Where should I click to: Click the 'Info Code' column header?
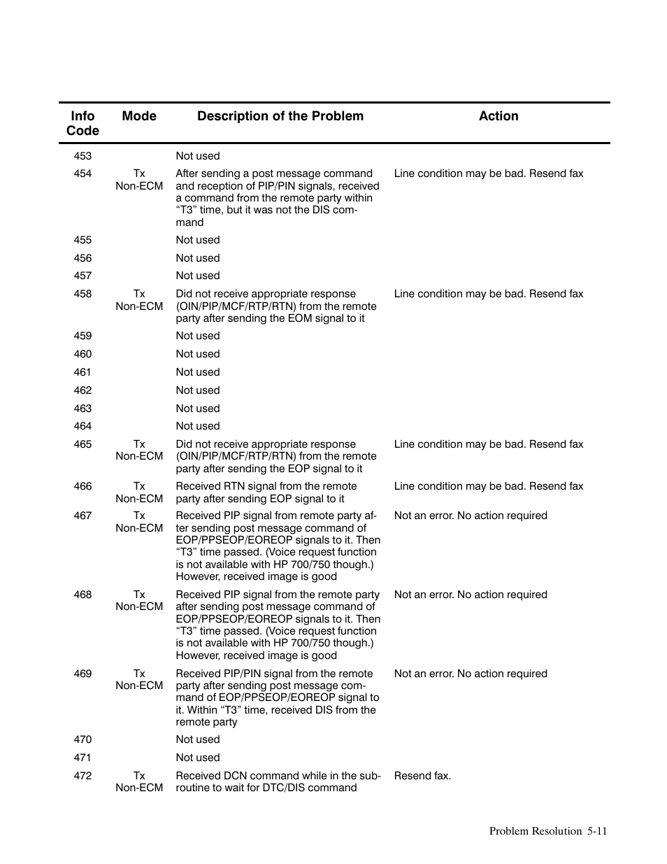click(x=83, y=123)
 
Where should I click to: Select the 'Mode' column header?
click(x=139, y=116)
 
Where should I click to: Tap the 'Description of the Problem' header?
click(x=280, y=116)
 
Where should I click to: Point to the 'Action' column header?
click(x=499, y=116)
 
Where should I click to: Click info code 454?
click(x=83, y=173)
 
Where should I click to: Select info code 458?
click(x=83, y=294)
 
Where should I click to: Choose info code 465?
click(x=83, y=444)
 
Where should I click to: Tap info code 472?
click(x=83, y=776)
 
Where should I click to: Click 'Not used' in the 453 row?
click(x=198, y=156)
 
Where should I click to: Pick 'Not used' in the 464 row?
click(x=198, y=426)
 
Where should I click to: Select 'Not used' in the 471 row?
click(x=198, y=758)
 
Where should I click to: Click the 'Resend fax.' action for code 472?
click(x=422, y=776)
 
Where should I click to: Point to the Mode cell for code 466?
click(x=139, y=493)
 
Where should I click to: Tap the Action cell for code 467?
click(x=471, y=516)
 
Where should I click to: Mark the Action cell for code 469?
click(x=471, y=674)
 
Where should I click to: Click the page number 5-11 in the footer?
click(x=597, y=831)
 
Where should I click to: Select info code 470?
click(x=83, y=739)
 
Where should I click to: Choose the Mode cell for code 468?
click(x=139, y=601)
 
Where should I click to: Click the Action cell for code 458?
click(x=488, y=294)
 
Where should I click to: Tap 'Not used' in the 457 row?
click(x=198, y=276)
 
